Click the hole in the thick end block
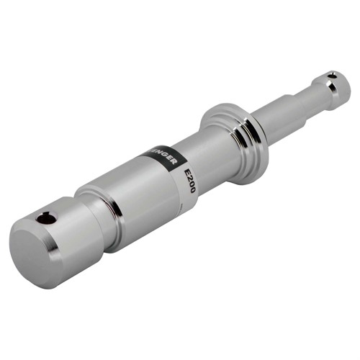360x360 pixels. (48, 217)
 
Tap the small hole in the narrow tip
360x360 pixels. (332, 75)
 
